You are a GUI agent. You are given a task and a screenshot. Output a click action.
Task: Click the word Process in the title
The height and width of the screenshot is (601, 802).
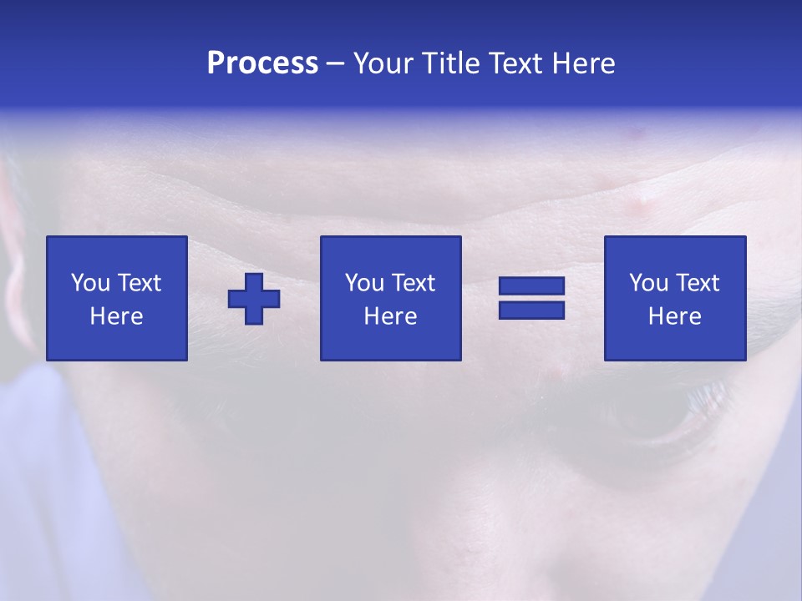click(262, 63)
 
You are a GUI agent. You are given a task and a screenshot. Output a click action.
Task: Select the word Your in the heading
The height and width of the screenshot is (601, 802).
click(383, 63)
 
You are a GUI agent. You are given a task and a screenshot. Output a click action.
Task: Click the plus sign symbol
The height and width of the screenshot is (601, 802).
click(254, 299)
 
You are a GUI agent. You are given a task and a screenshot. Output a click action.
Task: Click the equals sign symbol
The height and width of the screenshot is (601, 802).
click(531, 298)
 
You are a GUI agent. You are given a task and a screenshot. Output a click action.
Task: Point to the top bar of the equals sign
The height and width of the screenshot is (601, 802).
click(531, 286)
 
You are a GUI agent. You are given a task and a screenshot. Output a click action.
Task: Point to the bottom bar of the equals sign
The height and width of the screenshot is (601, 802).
click(531, 310)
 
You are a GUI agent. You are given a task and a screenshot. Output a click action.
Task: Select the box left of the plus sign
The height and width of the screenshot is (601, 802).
click(117, 298)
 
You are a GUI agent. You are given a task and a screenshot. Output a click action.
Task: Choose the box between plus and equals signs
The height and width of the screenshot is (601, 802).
click(390, 298)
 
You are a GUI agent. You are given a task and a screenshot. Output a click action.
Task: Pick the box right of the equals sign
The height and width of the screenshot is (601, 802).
click(674, 298)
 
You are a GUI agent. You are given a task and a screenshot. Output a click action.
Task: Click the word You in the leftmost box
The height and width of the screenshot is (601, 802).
click(90, 283)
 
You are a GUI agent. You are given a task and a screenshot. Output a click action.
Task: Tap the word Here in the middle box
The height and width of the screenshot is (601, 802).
click(390, 316)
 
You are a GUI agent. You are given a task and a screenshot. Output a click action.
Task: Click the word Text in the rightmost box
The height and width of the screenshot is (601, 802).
click(697, 283)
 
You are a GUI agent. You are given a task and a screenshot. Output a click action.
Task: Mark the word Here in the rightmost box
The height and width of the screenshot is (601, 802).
click(674, 316)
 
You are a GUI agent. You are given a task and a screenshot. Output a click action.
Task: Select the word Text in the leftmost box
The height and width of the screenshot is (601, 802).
click(139, 283)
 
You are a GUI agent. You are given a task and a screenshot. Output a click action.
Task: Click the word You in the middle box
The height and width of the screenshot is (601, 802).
click(364, 283)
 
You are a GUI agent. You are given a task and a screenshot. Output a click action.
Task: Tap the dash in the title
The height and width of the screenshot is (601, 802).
click(335, 63)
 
